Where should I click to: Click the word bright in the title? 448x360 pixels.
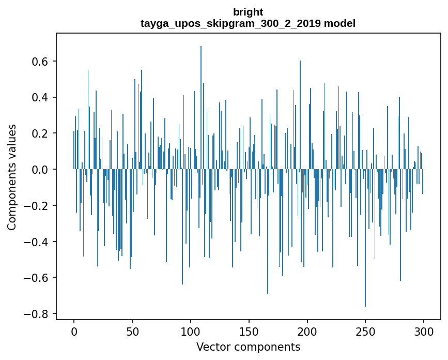(248, 12)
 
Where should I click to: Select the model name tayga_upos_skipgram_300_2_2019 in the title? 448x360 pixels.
(231, 23)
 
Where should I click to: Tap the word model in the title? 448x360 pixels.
(340, 23)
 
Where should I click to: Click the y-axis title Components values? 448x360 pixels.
(12, 177)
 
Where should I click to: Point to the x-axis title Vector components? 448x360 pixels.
(248, 347)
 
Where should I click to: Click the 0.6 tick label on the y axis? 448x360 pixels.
(39, 62)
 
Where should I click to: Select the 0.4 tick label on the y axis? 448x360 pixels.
(39, 98)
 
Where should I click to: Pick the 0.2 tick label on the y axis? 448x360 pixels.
(39, 133)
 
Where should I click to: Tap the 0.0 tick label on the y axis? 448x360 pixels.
(39, 170)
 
